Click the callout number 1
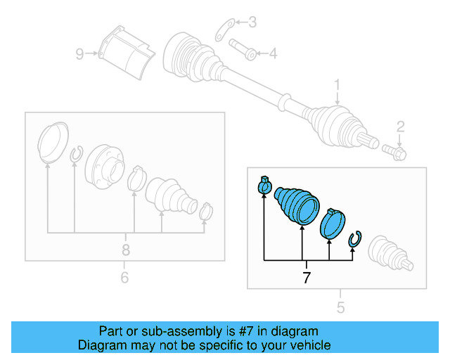[x=337, y=86]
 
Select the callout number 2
[x=400, y=127]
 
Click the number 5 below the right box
[x=340, y=307]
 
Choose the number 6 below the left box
[x=124, y=278]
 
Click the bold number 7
[x=306, y=278]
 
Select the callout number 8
[x=126, y=249]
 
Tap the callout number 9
[x=80, y=53]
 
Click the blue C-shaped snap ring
[x=355, y=239]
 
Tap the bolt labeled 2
[x=392, y=150]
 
